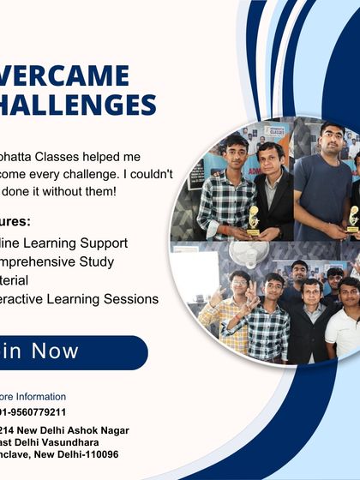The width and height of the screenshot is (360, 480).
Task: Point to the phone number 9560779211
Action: (x=39, y=412)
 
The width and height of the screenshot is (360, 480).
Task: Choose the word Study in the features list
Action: (x=116, y=261)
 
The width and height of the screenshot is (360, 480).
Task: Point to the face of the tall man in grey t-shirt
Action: (x=332, y=139)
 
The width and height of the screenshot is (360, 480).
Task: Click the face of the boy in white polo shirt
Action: (x=347, y=291)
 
